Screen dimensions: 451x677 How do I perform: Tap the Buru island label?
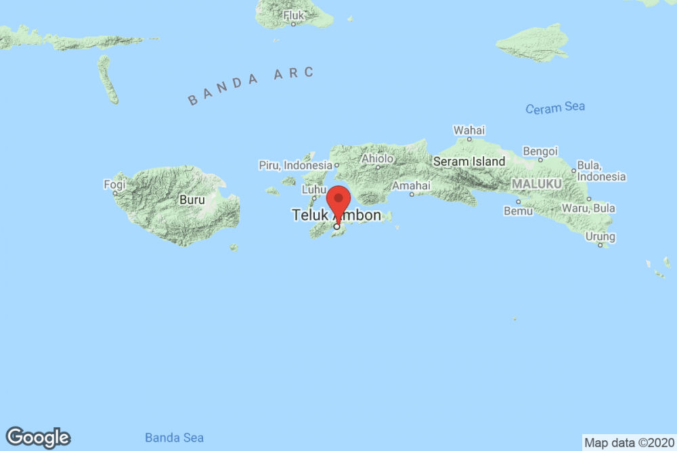point(190,199)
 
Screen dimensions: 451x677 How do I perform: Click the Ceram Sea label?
point(555,108)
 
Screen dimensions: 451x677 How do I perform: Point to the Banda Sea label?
point(175,438)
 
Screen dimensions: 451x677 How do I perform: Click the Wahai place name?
point(469,130)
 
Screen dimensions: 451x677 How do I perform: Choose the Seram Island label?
point(469,162)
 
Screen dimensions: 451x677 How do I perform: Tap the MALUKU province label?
point(536,184)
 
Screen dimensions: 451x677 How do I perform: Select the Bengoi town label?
point(541,150)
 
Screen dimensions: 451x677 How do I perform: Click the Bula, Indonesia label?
point(601,171)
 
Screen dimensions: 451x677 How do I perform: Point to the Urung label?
point(600,237)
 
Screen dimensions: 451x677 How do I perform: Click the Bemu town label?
point(518,212)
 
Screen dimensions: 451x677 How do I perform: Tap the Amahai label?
point(412,185)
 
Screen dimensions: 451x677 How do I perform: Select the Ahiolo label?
point(377,159)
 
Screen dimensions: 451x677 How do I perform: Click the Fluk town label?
point(294,15)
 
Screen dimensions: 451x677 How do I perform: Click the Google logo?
point(38,438)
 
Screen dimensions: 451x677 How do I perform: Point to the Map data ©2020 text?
point(628,443)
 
